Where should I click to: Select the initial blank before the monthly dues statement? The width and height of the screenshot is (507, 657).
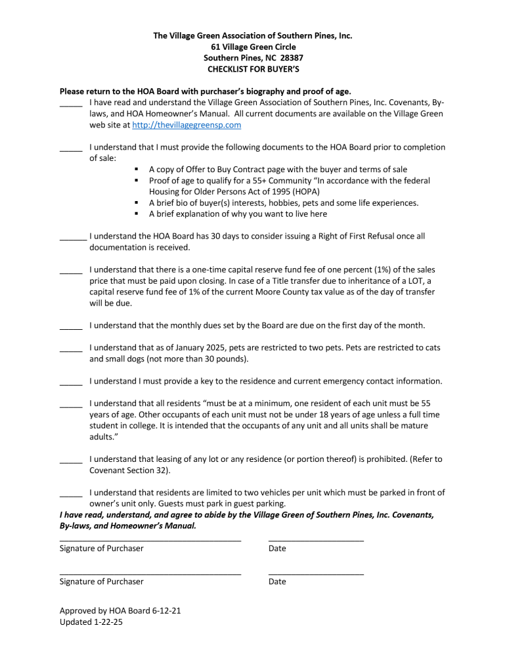tap(70, 327)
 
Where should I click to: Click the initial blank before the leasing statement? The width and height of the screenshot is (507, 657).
tap(70, 460)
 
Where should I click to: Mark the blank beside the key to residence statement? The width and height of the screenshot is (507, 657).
tap(70, 382)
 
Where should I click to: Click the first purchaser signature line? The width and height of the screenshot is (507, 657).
tap(150, 538)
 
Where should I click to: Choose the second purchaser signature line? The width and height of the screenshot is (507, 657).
tap(150, 572)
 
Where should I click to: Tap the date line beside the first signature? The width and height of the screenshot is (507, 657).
tap(316, 538)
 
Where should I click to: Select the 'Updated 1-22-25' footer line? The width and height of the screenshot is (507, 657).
tap(91, 622)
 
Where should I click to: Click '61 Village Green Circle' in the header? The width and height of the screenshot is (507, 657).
tap(253, 47)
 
